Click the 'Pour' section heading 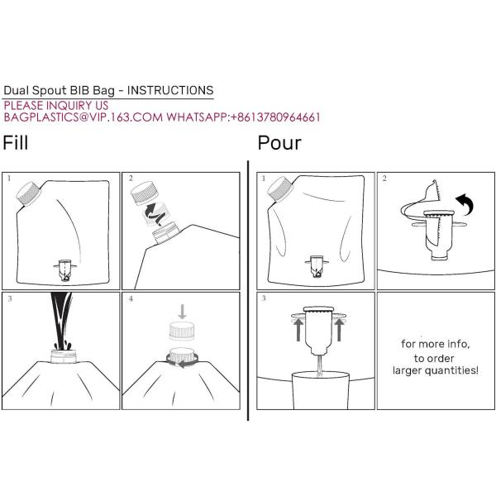279,143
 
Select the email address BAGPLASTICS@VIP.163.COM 83,117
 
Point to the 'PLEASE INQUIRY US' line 56,105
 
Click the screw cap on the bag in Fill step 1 30,193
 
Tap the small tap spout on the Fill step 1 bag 63,268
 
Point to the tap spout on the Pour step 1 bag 316,268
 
